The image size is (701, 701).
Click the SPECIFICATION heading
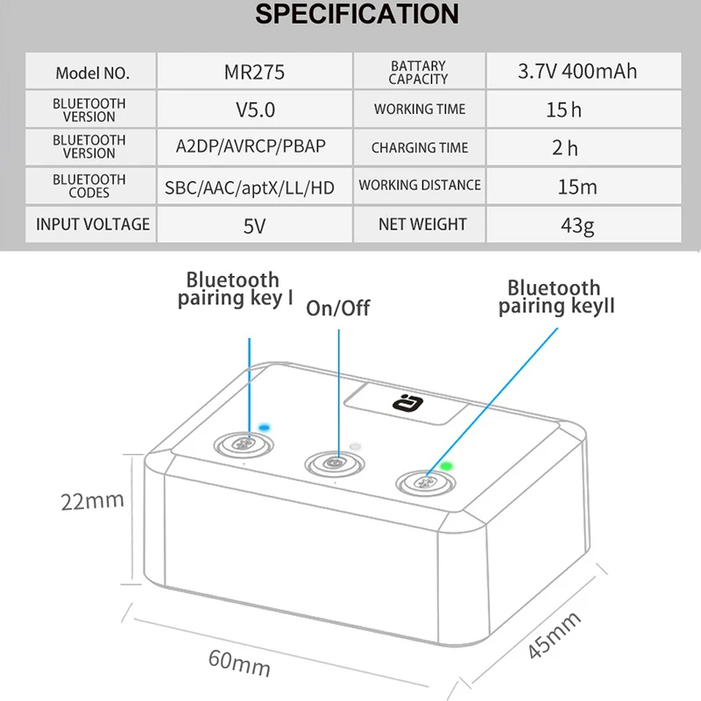click(x=357, y=14)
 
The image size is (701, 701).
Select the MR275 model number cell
click(x=254, y=72)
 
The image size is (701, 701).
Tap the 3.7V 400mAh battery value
click(x=577, y=71)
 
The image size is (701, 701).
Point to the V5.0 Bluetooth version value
click(x=255, y=110)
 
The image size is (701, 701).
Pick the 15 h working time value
click(x=563, y=110)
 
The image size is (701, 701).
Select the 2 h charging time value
click(x=564, y=148)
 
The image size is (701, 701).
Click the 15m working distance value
click(x=577, y=187)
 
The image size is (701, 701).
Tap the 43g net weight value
click(x=577, y=226)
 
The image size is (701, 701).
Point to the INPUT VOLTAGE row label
click(x=93, y=224)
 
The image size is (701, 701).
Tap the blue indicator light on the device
click(x=265, y=428)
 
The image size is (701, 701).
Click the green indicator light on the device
click(x=446, y=466)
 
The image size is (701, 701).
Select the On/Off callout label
click(x=338, y=308)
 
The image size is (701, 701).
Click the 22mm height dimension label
click(x=92, y=501)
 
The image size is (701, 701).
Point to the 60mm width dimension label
click(x=239, y=663)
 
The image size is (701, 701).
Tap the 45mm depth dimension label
click(x=554, y=635)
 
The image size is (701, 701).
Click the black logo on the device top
click(x=407, y=403)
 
